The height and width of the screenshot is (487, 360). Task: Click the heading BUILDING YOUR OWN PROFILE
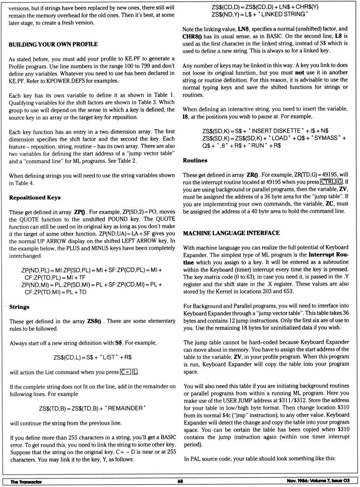coord(53,44)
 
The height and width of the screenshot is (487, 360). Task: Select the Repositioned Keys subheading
coord(34,197)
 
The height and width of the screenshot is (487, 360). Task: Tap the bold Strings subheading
coord(19,307)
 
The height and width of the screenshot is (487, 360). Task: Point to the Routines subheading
coord(195,160)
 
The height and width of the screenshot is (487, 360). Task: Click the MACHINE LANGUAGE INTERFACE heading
coord(231,233)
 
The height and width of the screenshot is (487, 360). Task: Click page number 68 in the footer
coord(180,481)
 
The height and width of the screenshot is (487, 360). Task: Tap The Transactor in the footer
coord(26,481)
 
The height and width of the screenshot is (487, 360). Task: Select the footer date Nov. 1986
coord(298,481)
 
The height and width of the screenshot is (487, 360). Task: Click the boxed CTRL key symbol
coord(328,182)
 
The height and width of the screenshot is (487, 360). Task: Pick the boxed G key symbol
coord(340,182)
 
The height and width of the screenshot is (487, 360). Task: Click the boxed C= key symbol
coord(125,372)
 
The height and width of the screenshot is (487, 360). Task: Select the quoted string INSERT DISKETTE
coord(276,131)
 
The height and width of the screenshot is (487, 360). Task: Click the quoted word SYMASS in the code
coord(325,138)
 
